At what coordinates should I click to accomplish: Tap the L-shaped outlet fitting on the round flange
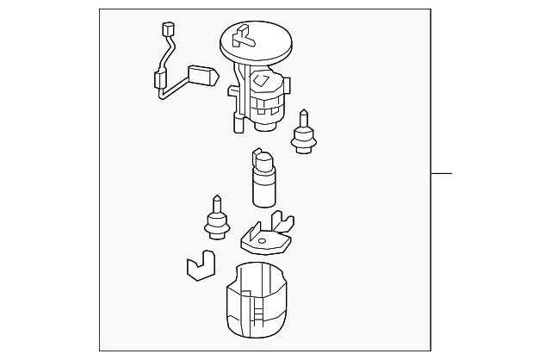245,35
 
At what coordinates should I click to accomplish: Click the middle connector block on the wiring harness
159,83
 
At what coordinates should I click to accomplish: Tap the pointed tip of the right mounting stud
302,114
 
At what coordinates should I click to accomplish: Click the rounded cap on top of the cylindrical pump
263,158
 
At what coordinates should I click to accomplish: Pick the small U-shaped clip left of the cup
200,266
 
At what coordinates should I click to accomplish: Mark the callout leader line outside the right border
441,174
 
